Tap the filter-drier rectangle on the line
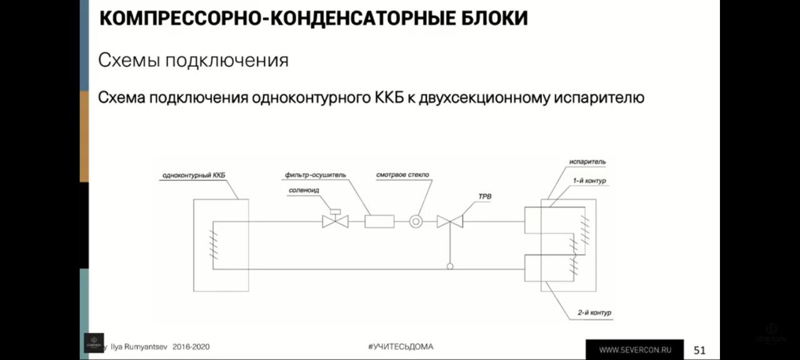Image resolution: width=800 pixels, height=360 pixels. click(x=379, y=221)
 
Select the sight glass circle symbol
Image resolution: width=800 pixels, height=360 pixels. click(x=416, y=221)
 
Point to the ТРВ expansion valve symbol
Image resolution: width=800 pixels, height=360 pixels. click(x=450, y=221)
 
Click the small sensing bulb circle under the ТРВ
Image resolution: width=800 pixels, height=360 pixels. click(x=450, y=266)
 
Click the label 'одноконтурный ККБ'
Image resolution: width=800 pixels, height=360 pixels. click(x=194, y=176)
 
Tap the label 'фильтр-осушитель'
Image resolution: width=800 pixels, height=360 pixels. click(x=316, y=175)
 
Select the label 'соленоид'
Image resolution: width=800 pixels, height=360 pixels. click(x=304, y=191)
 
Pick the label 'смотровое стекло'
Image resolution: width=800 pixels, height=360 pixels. click(x=402, y=174)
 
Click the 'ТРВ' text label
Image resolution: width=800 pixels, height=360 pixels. click(x=485, y=196)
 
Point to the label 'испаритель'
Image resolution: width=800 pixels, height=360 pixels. click(x=587, y=162)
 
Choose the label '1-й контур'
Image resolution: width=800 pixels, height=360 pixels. click(x=589, y=181)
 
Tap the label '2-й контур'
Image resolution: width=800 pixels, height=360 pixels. click(x=594, y=312)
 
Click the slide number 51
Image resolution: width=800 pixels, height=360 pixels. click(x=699, y=350)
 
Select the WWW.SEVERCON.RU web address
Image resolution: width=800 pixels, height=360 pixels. click(x=636, y=350)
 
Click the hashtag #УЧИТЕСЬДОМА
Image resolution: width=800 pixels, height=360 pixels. click(x=401, y=346)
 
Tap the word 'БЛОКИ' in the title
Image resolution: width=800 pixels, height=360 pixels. click(x=494, y=18)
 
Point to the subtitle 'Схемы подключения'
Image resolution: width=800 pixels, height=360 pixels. click(x=193, y=61)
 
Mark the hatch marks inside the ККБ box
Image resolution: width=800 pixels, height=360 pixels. click(x=213, y=244)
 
